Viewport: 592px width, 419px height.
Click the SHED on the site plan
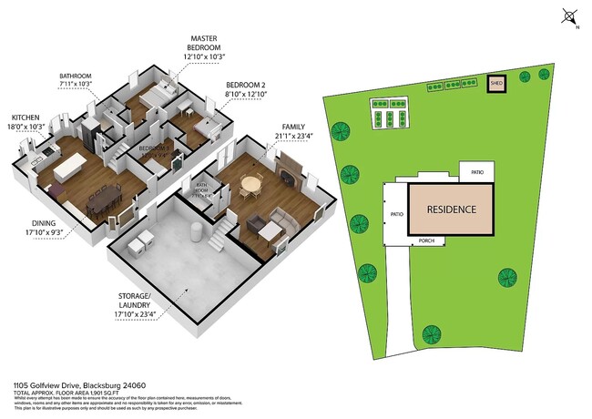pos(496,84)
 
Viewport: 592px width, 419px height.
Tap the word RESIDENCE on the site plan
pos(452,209)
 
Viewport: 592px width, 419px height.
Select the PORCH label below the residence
pos(427,241)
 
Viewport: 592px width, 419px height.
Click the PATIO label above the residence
pos(477,171)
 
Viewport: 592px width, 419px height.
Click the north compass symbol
pos(569,15)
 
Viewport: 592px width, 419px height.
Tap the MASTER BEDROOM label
pos(204,44)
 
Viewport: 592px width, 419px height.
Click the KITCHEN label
pos(26,118)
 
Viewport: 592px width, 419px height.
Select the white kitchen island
pos(71,168)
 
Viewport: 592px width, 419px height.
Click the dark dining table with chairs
pos(100,196)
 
